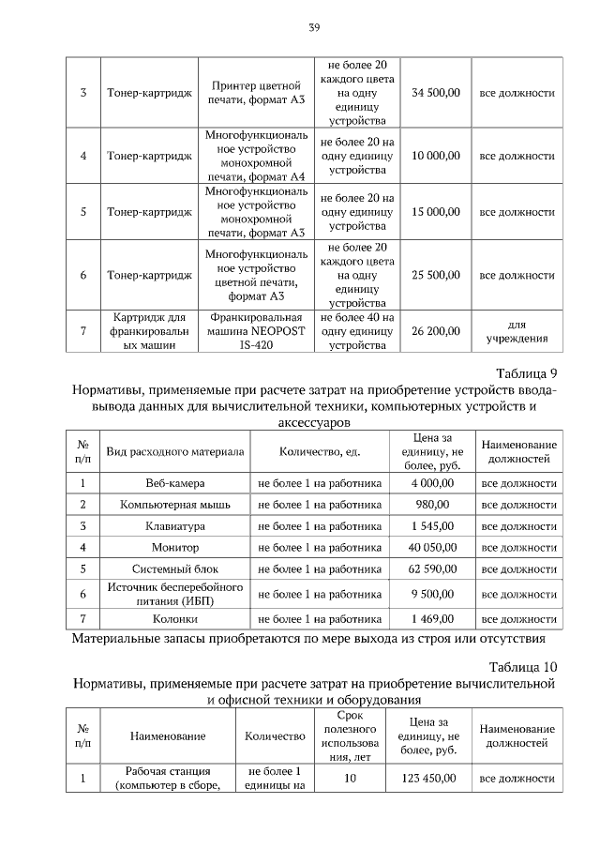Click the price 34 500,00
point(436,93)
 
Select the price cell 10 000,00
point(436,155)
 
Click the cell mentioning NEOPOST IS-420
point(255,331)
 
